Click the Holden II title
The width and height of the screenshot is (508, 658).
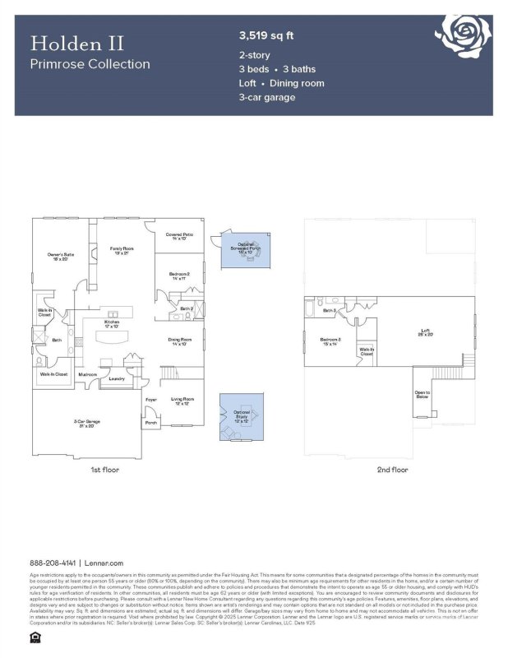coord(67,43)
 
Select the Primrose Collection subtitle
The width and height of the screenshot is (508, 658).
coord(90,64)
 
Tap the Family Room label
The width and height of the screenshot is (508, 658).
coord(122,249)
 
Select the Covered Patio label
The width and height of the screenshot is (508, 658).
coord(179,236)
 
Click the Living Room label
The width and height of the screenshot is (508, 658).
coord(182,401)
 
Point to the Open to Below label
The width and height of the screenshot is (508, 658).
coord(422,395)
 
